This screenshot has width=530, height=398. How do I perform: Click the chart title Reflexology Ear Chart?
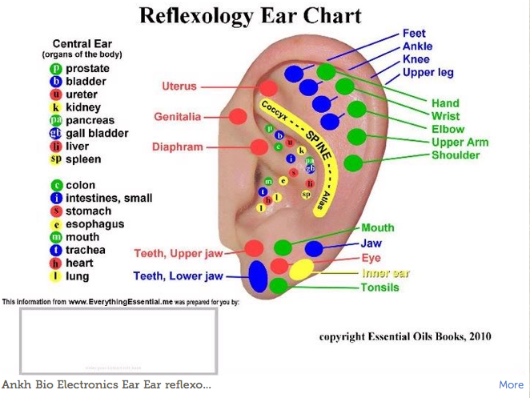click(250, 15)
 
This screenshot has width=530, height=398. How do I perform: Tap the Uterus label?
click(179, 86)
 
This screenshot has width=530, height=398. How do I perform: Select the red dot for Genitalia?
click(237, 117)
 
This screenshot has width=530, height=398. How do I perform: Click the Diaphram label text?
click(178, 147)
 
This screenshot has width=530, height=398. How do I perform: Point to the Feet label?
click(414, 34)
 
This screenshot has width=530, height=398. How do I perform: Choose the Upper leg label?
click(428, 73)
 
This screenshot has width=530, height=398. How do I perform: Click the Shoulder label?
click(456, 155)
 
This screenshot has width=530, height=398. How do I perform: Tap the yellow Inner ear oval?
click(302, 269)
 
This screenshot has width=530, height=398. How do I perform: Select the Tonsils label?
click(379, 287)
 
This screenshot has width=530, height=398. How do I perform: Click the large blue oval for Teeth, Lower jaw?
click(258, 276)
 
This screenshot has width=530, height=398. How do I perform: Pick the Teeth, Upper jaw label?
click(178, 254)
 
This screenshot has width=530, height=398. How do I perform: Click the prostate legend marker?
click(56, 69)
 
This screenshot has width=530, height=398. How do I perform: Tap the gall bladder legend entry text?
click(97, 134)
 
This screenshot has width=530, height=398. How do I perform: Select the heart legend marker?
click(56, 263)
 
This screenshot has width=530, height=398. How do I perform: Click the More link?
click(511, 385)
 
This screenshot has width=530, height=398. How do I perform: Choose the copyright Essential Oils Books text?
click(405, 336)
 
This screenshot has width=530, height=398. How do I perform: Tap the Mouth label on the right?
click(378, 228)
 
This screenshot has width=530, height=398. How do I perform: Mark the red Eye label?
click(371, 258)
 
